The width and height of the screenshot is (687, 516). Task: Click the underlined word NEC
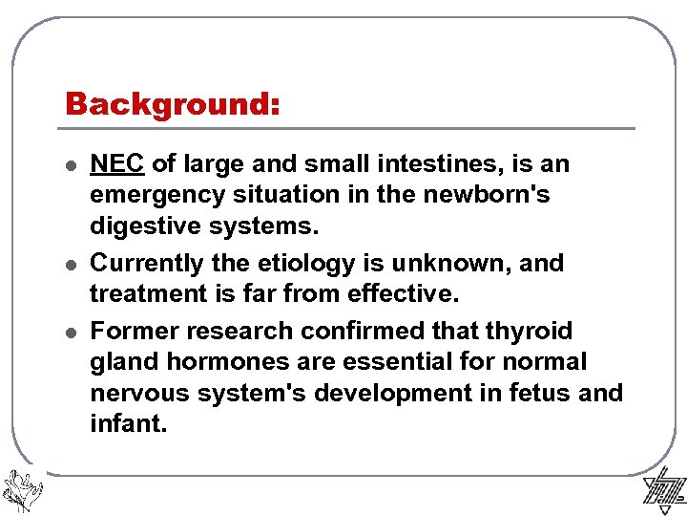coord(116,164)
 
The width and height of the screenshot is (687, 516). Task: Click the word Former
coord(133,332)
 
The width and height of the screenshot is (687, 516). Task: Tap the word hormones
coord(228,362)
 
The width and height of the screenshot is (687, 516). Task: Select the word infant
coord(128,423)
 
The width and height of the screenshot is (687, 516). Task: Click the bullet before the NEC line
coord(70,165)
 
